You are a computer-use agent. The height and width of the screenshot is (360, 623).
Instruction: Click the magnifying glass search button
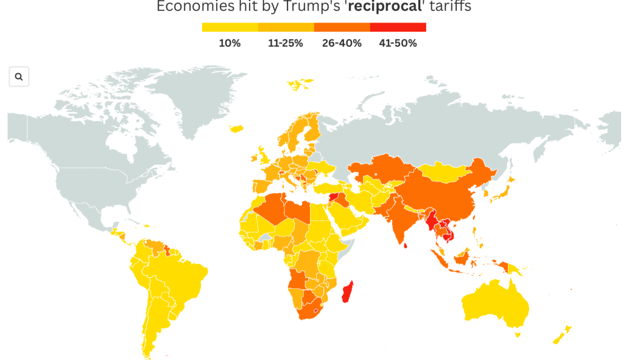coord(19,77)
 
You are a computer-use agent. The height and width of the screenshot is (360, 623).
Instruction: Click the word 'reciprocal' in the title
coord(390,7)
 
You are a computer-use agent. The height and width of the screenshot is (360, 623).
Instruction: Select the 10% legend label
coord(230,43)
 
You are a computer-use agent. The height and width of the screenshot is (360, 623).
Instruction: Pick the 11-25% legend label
coord(286,43)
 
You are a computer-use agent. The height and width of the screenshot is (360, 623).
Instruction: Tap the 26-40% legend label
coord(342,43)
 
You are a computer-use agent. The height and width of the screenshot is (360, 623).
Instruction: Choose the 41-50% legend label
coord(398,43)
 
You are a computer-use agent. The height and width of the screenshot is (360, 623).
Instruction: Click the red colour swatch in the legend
coord(398,27)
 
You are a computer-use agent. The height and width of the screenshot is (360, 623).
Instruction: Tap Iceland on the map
coord(237,128)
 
